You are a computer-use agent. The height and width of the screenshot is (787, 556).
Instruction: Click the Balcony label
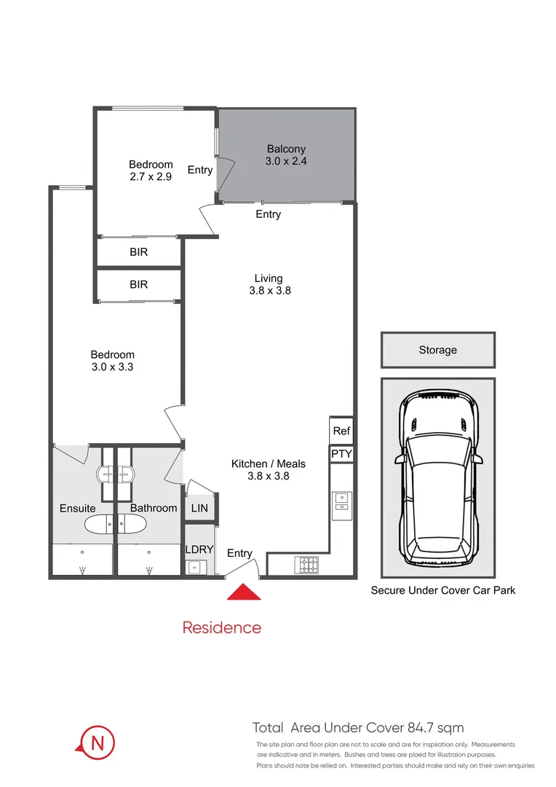(286, 149)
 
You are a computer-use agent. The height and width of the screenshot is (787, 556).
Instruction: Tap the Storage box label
(437, 351)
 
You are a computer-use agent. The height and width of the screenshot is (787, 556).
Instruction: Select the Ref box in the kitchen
(341, 431)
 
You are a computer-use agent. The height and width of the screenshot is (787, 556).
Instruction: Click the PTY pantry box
(341, 453)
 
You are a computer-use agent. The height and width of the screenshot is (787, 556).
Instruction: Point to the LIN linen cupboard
(199, 508)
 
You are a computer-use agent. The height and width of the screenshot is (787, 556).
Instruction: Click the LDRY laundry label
(199, 549)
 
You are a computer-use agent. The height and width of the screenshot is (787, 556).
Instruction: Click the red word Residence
(221, 627)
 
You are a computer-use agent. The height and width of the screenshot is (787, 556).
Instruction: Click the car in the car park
(438, 482)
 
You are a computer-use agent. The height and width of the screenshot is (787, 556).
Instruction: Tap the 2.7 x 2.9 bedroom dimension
(151, 176)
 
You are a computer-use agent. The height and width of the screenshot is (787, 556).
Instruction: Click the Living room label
(268, 278)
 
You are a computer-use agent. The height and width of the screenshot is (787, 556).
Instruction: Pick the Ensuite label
(77, 508)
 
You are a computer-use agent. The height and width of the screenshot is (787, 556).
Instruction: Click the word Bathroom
(154, 508)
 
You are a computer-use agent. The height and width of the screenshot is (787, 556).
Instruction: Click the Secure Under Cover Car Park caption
(442, 590)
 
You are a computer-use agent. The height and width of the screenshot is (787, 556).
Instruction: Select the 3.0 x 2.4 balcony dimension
(286, 161)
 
